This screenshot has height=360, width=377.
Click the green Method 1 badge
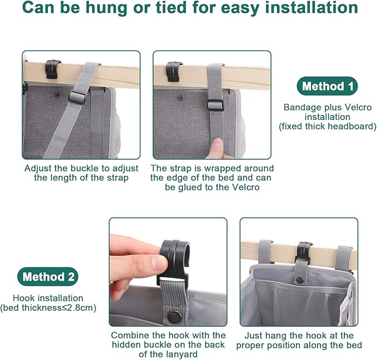[326, 87]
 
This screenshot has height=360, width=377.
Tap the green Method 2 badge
[47, 276]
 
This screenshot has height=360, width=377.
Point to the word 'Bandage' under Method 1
[300, 107]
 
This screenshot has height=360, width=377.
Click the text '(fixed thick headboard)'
[327, 126]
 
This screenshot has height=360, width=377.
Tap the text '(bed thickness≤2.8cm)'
[47, 307]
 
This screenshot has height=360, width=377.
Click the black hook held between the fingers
[173, 261]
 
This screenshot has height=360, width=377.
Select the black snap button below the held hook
[174, 317]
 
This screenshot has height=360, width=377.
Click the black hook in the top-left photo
[53, 68]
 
